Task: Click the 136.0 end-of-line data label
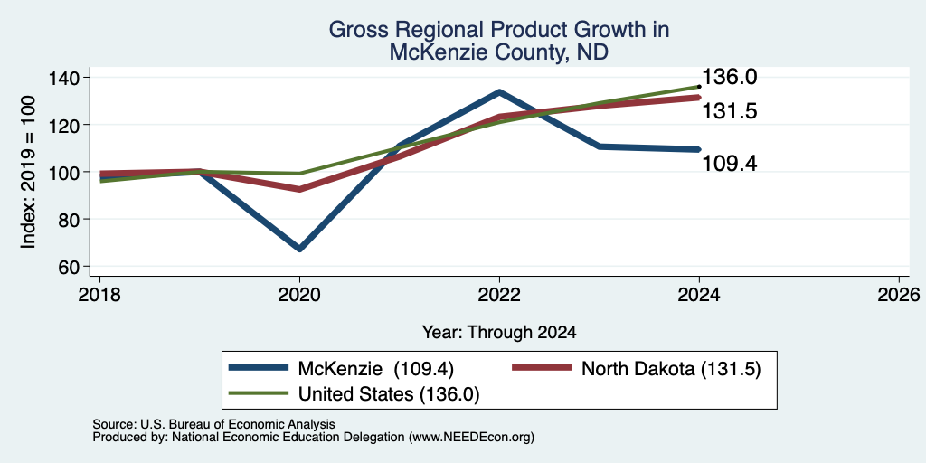tap(730, 77)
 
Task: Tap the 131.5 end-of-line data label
tap(730, 111)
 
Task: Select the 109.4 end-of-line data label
tap(730, 163)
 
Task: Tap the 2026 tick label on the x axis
tap(899, 294)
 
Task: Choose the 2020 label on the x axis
tap(299, 294)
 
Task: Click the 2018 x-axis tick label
tap(100, 294)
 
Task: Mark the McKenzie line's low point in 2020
tap(299, 249)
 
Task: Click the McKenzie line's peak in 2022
tap(499, 92)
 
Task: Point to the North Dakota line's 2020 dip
tap(299, 189)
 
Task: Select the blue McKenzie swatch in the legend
tap(259, 369)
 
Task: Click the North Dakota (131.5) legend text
tap(671, 369)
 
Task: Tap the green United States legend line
tap(259, 394)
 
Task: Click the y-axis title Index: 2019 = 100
tap(28, 172)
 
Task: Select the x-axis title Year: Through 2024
tap(499, 333)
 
